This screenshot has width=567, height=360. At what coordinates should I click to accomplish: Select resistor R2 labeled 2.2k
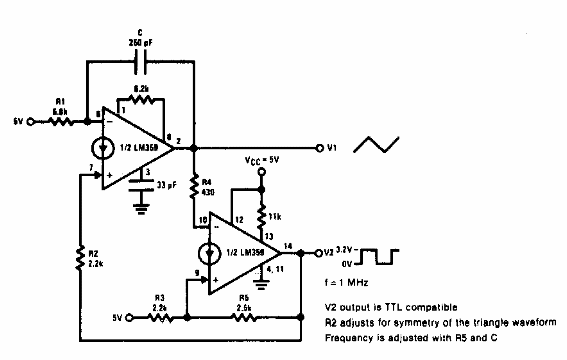tap(78, 260)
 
